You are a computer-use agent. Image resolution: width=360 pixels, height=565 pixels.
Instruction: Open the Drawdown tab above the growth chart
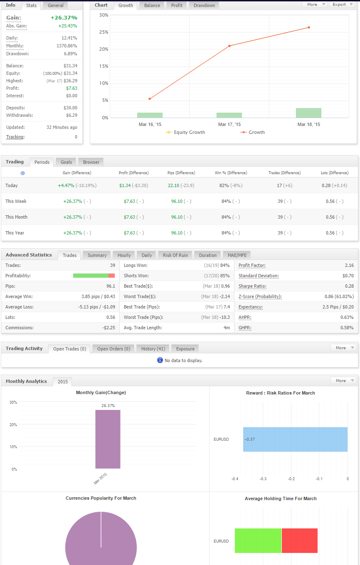point(204,5)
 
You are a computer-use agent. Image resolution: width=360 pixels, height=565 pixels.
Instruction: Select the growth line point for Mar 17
point(229,46)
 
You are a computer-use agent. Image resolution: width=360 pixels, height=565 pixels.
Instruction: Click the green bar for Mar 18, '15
point(308,113)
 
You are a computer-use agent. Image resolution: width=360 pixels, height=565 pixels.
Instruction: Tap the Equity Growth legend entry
point(185,132)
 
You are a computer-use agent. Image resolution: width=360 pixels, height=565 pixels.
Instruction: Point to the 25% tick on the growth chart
point(104,32)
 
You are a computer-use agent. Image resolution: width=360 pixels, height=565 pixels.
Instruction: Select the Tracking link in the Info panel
point(15,137)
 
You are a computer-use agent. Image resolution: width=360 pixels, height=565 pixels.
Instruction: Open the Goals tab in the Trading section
point(66,162)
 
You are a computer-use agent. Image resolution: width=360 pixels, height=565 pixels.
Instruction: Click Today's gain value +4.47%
point(66,185)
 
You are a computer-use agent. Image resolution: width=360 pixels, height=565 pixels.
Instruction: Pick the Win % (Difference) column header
point(231,173)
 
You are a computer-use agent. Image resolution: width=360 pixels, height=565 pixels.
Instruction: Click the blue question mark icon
point(23,173)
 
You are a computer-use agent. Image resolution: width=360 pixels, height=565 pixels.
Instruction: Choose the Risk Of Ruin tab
point(175,255)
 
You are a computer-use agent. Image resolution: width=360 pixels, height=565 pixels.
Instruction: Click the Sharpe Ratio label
point(252,286)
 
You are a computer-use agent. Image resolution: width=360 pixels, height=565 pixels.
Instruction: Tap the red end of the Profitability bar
point(111,276)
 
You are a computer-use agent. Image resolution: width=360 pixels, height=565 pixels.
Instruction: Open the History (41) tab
point(153,349)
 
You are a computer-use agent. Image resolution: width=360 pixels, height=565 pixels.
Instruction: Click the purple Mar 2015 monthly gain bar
point(108,439)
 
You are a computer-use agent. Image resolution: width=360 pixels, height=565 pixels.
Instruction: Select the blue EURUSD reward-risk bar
point(295,439)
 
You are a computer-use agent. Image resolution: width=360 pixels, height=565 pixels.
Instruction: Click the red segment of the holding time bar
point(299,540)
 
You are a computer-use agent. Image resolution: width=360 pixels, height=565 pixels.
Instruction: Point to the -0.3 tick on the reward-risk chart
point(263,479)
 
